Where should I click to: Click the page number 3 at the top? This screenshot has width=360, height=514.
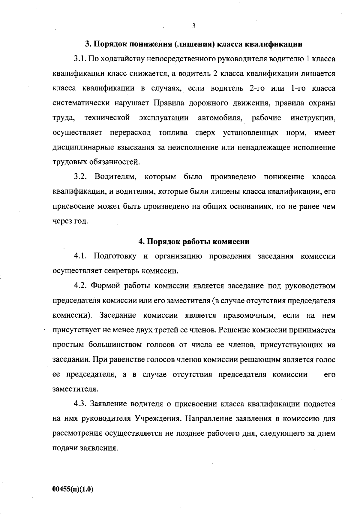click(x=193, y=26)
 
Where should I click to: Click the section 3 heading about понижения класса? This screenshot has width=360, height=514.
click(x=193, y=44)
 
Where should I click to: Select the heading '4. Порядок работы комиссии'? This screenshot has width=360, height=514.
click(x=194, y=242)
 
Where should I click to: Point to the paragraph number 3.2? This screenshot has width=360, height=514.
click(x=80, y=177)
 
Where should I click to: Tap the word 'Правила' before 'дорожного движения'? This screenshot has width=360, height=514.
click(x=169, y=104)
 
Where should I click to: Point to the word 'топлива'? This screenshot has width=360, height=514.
click(x=173, y=133)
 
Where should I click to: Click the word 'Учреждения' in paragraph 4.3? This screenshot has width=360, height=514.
click(x=157, y=419)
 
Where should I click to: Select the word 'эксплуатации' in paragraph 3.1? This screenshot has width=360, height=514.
click(x=164, y=118)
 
